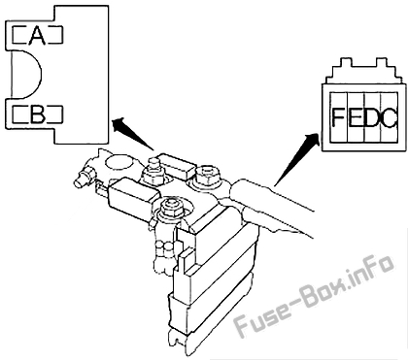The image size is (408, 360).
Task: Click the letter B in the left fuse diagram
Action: pos(37,114)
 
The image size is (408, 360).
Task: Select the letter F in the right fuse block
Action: pos(338,117)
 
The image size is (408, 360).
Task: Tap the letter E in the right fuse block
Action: pos(356,117)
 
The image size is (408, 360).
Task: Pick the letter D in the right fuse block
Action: pos(372,117)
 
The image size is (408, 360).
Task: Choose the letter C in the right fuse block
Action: pos(390,117)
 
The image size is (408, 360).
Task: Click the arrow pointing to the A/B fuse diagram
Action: pos(132,135)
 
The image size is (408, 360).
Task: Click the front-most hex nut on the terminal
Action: pos(169,208)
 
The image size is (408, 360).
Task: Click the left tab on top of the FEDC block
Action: pos(346,62)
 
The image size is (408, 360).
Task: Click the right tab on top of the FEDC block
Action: pos(382,62)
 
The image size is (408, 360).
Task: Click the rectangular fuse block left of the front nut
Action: pos(134,195)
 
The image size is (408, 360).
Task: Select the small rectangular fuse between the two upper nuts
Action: pos(177,165)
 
